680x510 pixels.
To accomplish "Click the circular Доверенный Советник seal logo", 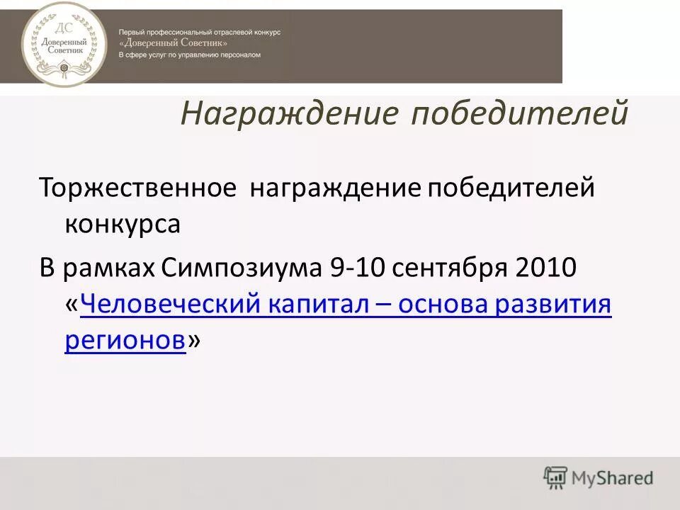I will click(x=60, y=44).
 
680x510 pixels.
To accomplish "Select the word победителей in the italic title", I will click(x=521, y=114).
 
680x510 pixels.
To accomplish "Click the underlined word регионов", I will click(x=125, y=341).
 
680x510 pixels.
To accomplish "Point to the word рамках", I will click(x=107, y=269).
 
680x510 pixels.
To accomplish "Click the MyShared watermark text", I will click(x=612, y=479).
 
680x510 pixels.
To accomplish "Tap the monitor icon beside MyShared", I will click(x=556, y=478).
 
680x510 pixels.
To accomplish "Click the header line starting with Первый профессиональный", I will click(x=200, y=33).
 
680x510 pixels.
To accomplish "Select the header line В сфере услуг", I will click(x=189, y=55).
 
